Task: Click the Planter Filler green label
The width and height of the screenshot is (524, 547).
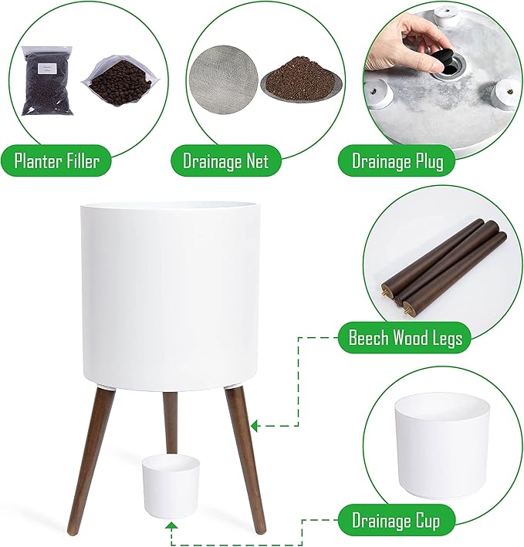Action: (x=56, y=160)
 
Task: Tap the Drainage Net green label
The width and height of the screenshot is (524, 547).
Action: (x=225, y=160)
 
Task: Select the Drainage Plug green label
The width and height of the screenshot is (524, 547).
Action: (x=397, y=160)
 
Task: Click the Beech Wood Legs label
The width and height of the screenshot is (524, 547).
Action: (x=405, y=338)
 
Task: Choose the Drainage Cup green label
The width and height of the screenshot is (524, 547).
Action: (x=396, y=522)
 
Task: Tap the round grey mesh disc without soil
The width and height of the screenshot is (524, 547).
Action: (x=223, y=79)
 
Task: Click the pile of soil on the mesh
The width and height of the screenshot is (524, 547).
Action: (x=302, y=75)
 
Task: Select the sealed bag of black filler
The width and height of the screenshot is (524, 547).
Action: (x=47, y=80)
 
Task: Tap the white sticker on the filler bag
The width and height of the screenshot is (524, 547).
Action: (x=44, y=68)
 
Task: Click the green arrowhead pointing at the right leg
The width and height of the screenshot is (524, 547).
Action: (x=255, y=426)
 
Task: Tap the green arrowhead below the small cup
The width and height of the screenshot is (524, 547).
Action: (x=171, y=527)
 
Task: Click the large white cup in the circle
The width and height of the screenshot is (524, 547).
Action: (x=443, y=447)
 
